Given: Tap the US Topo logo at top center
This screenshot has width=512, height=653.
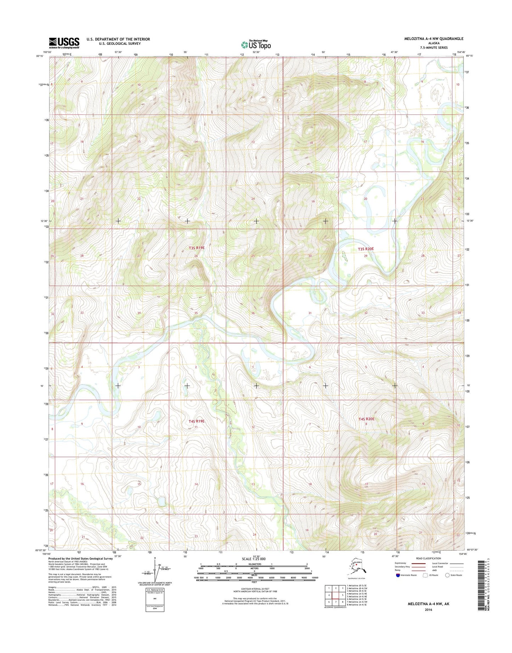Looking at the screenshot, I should point(256,45).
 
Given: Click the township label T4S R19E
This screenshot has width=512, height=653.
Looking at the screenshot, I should point(197,421).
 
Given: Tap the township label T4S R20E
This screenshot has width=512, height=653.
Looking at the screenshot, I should point(366,419).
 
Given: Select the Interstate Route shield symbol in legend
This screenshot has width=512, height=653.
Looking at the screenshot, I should point(398,575).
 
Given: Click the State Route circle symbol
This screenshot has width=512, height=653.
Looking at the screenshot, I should point(447,575).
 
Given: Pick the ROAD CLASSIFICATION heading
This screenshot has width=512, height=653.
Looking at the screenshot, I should point(428,558).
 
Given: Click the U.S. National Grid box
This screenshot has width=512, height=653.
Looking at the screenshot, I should point(155,599).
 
